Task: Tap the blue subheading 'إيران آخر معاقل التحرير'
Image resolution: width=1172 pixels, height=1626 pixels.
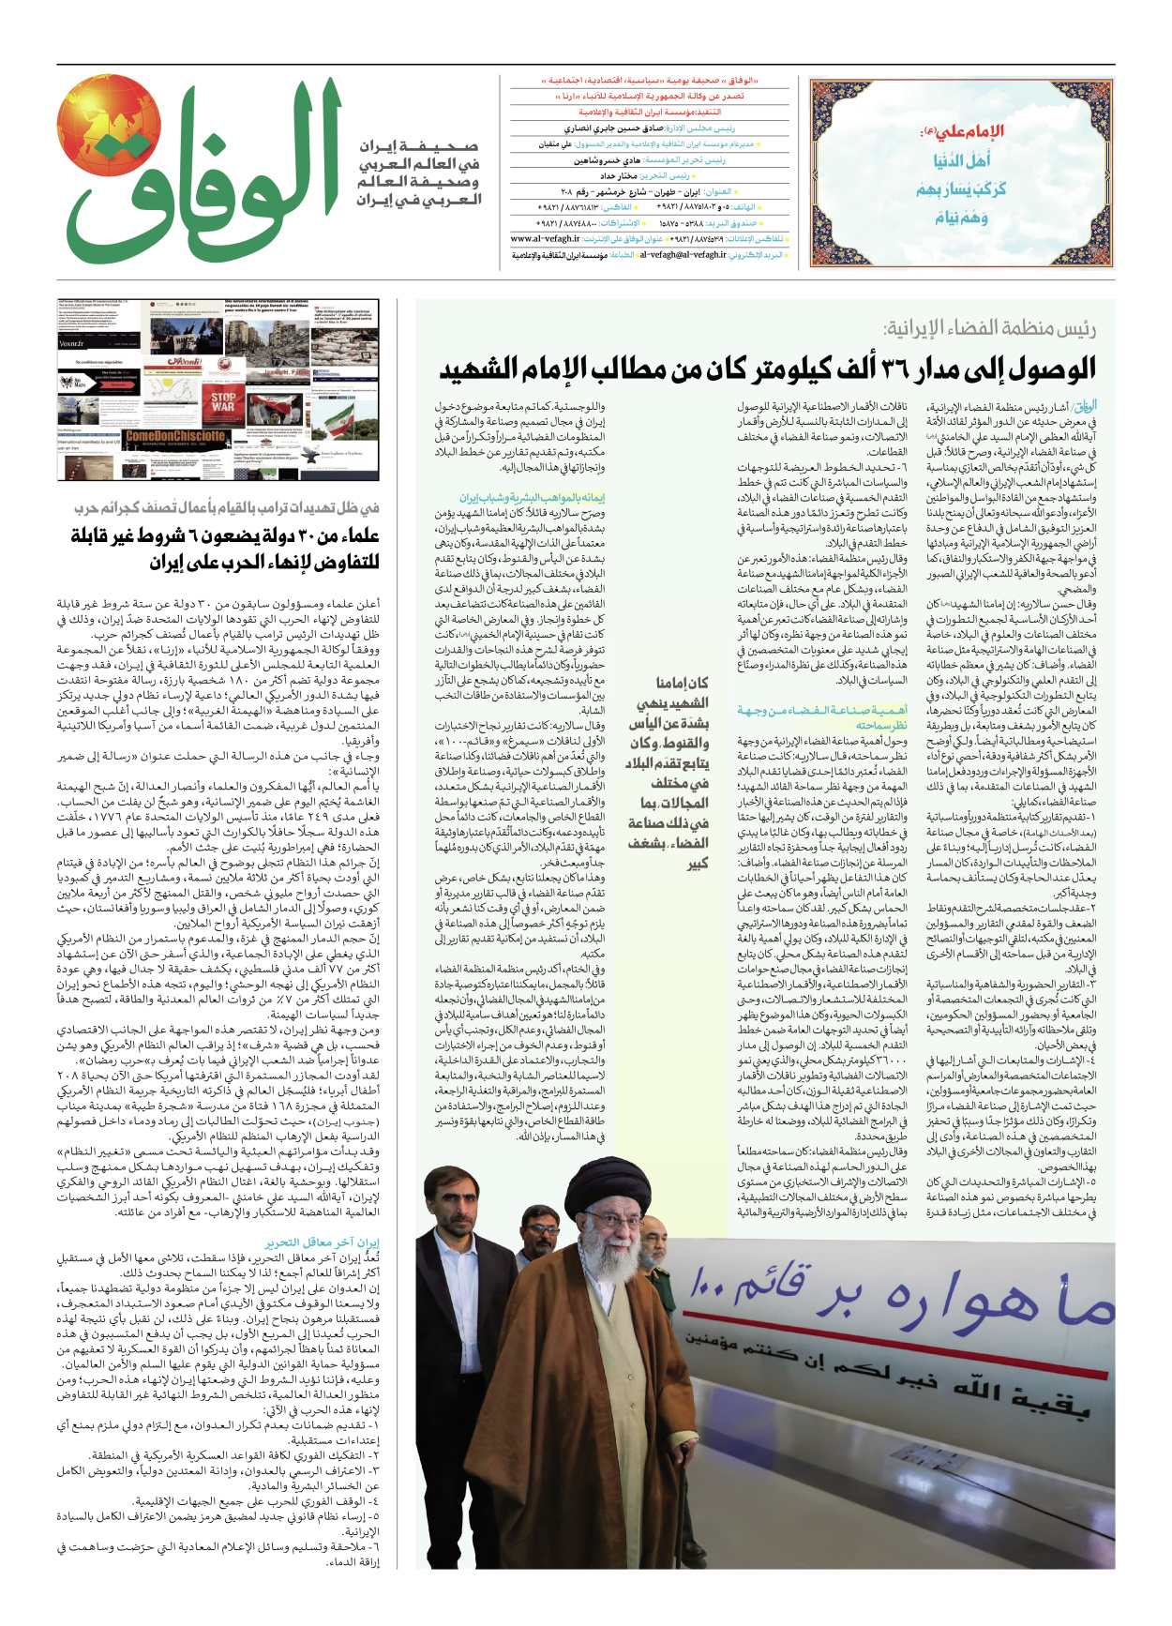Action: click(x=322, y=1242)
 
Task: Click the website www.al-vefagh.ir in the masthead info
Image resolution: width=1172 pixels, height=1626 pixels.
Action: click(x=545, y=239)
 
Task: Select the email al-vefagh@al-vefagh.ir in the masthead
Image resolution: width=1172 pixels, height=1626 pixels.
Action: click(x=683, y=254)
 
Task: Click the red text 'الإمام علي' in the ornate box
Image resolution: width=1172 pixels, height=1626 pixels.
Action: click(x=963, y=131)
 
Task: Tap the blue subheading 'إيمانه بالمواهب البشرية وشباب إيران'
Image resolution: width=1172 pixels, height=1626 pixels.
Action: click(x=532, y=498)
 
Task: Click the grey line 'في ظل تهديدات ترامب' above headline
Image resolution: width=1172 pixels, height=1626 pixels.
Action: click(x=227, y=507)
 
